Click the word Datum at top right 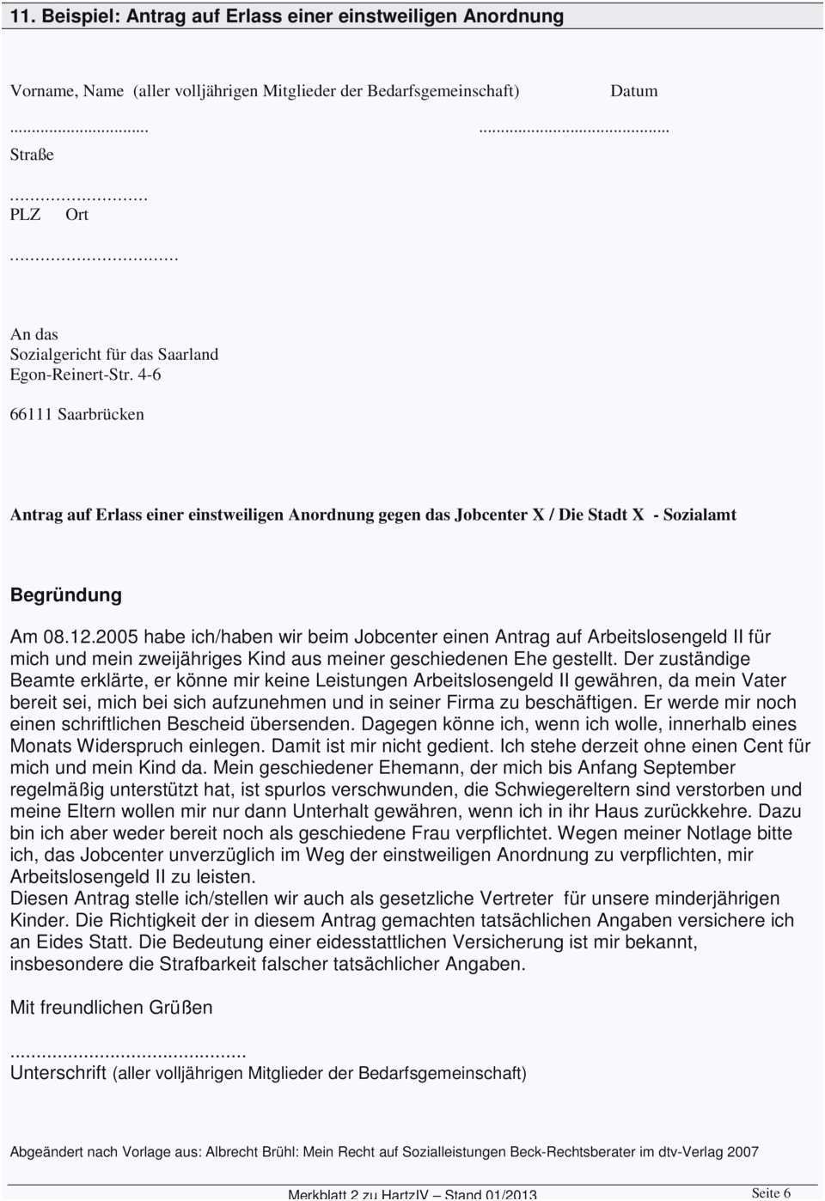tap(633, 91)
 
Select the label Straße tap(32, 155)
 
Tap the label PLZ tap(25, 215)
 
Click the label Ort tap(76, 215)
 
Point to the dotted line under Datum tap(573, 129)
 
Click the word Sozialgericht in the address tap(52, 355)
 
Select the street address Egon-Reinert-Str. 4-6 tap(85, 375)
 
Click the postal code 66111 tap(31, 414)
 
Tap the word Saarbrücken tap(101, 414)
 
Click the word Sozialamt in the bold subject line tap(699, 515)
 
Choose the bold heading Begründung tap(66, 594)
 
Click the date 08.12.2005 tap(91, 637)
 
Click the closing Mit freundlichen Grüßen tap(111, 1007)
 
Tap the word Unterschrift tap(58, 1073)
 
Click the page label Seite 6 tap(770, 1192)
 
